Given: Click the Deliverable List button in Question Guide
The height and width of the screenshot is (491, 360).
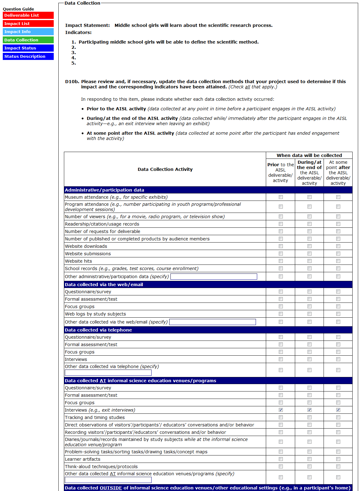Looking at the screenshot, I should tap(28, 15).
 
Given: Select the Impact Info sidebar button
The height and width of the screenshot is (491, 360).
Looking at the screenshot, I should tap(28, 32).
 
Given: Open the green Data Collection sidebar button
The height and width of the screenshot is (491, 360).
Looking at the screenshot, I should tap(28, 40).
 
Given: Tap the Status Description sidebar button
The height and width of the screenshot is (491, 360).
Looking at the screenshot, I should tap(28, 56).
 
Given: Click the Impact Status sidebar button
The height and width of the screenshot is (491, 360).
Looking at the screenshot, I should tap(28, 48).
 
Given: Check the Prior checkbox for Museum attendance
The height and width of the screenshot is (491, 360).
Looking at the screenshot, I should tap(281, 197).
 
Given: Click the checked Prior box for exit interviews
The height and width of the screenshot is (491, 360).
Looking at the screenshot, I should tap(281, 410).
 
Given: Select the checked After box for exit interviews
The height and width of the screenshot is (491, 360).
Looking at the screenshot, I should tap(338, 410).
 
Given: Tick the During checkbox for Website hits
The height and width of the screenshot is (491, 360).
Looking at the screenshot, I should tap(309, 261).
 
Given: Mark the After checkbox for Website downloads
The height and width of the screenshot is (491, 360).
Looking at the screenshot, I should tap(338, 246).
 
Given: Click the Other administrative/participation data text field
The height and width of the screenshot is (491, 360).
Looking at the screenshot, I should tap(214, 277).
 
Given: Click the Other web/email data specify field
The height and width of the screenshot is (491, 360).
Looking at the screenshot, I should tap(212, 322).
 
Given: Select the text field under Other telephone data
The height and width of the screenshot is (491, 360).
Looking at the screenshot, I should tap(108, 373).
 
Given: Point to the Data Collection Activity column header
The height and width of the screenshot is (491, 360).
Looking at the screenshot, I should tap(165, 169).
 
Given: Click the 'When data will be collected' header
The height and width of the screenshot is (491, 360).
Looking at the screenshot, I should tap(309, 155).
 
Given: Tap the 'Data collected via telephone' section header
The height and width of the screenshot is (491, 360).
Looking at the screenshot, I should tap(98, 330).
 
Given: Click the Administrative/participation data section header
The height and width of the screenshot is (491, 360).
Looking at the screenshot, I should tap(104, 190).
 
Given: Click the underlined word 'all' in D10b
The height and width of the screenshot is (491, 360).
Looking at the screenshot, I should tap(248, 87).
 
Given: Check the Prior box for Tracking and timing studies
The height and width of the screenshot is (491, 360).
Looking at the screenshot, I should tap(281, 417).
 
